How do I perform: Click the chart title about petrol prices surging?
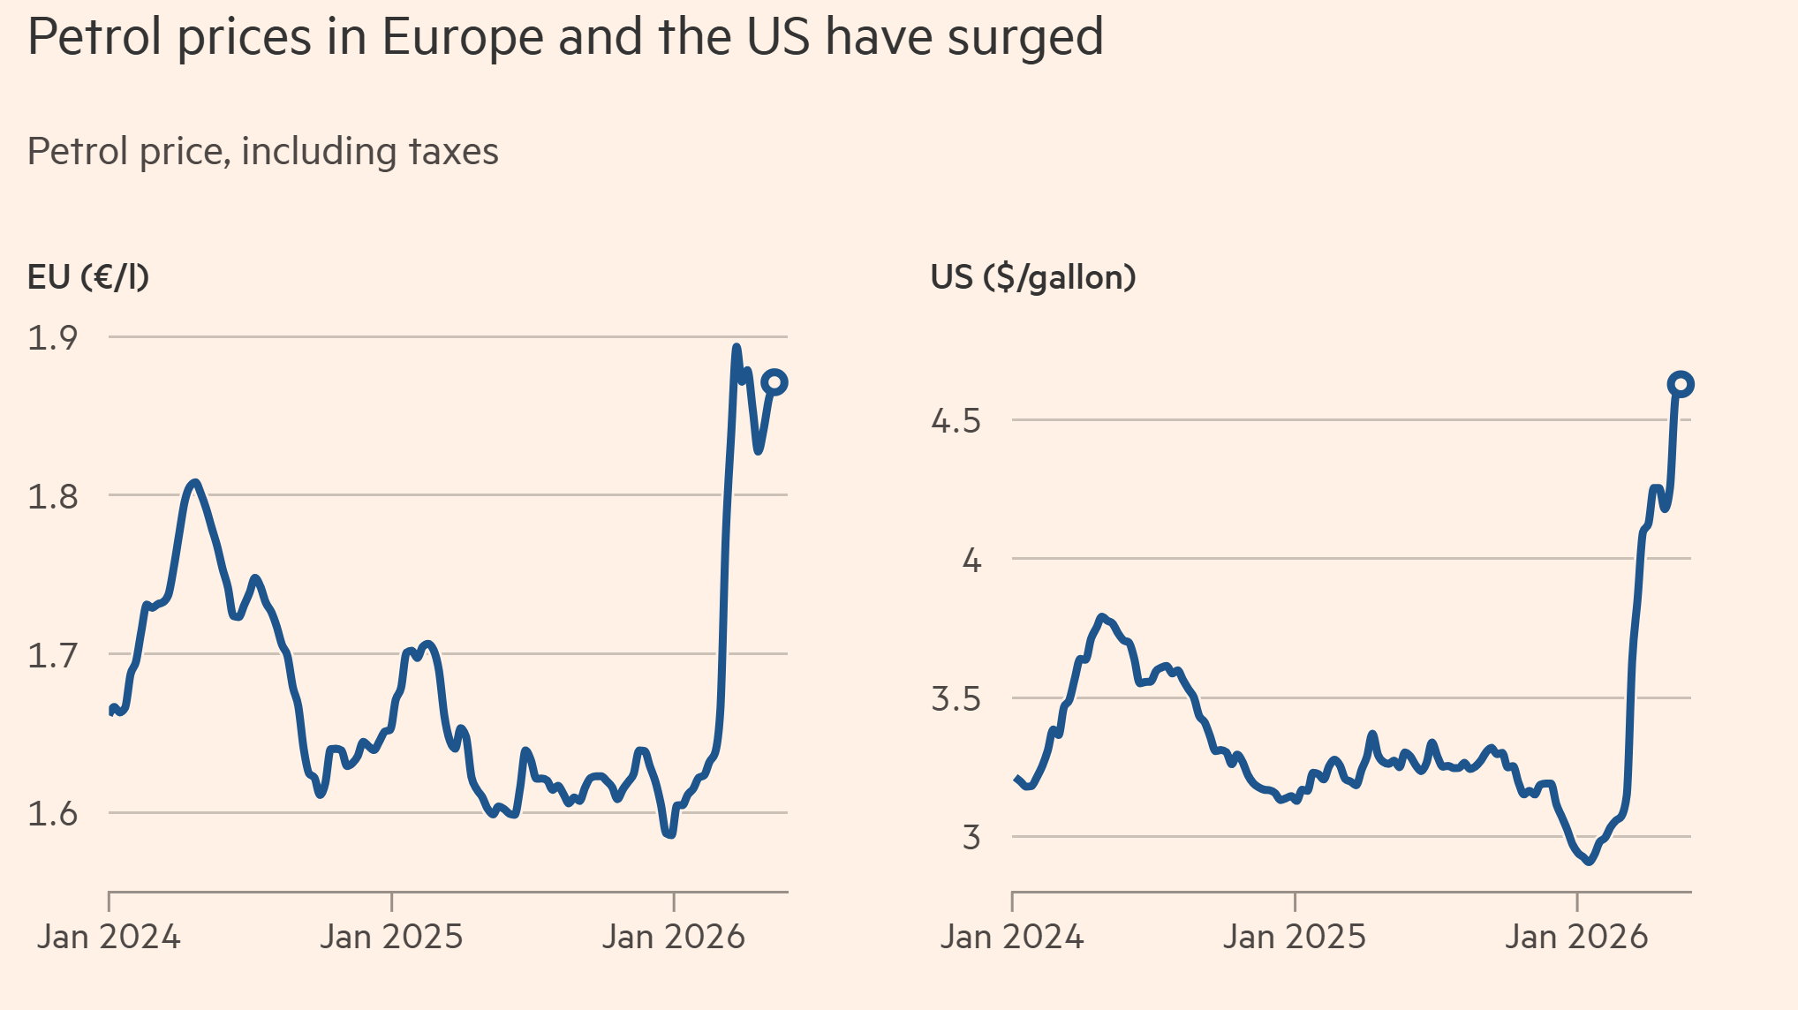coord(565,38)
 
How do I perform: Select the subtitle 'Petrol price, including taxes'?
coord(263,152)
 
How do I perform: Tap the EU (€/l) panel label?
coord(88,277)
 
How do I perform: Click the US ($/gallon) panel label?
coord(1033,277)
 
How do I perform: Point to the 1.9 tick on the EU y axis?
coord(53,338)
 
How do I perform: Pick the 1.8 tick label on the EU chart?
coord(53,497)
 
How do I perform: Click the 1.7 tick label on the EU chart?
coord(53,656)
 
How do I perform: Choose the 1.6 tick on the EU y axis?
coord(53,814)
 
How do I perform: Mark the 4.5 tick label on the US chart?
coord(956,421)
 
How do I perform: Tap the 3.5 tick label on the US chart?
coord(956,699)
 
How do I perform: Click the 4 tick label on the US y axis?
coord(971,560)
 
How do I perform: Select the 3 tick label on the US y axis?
coord(971,837)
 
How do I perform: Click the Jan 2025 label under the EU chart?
coord(391,937)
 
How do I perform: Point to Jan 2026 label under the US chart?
coord(1576,937)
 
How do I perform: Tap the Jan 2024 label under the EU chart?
coord(109,937)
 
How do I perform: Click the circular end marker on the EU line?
coord(774,382)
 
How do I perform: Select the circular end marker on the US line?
coord(1681,384)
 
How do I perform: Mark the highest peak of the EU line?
coord(737,347)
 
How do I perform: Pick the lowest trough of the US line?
coord(1589,861)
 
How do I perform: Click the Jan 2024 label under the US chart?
coord(1012,937)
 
